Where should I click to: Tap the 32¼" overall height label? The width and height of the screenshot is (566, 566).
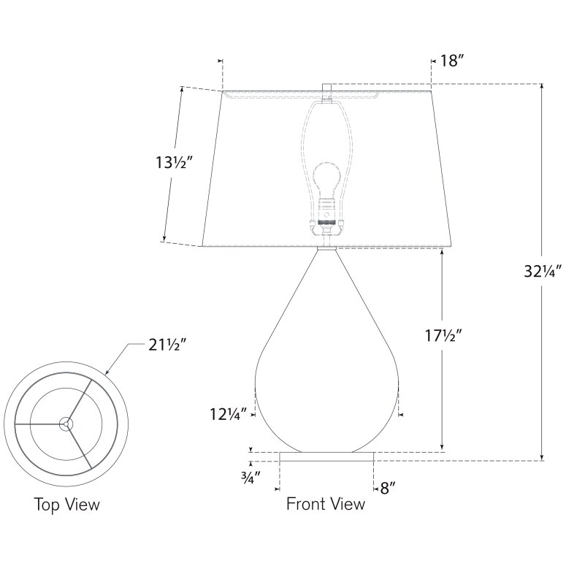click(542, 272)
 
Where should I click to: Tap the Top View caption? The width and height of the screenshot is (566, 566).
click(66, 505)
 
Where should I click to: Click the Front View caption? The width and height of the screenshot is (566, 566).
click(325, 504)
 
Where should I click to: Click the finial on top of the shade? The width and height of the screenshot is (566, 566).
click(326, 91)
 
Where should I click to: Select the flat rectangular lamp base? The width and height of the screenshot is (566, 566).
click(327, 456)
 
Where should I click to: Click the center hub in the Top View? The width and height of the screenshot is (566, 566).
click(66, 423)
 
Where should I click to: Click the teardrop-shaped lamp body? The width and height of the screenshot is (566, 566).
click(326, 380)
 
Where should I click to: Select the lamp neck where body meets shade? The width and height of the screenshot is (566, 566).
click(326, 249)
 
